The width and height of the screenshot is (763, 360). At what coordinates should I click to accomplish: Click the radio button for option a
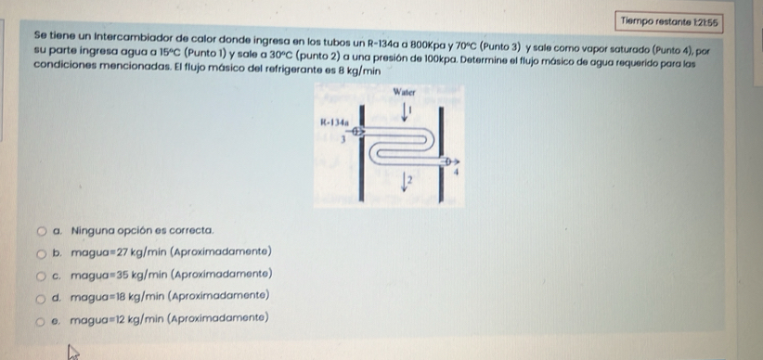[x=42, y=228]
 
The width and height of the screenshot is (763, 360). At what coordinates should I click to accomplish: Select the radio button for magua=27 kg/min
[x=42, y=251]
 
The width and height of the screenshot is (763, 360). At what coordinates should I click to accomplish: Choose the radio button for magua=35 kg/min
[x=42, y=274]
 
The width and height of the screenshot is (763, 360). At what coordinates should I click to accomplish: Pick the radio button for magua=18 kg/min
[x=42, y=296]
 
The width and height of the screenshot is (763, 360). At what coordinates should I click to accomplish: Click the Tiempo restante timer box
[x=670, y=21]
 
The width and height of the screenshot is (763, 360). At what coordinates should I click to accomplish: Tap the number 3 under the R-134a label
[x=343, y=140]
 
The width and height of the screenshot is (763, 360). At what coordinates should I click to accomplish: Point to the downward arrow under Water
[x=406, y=110]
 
